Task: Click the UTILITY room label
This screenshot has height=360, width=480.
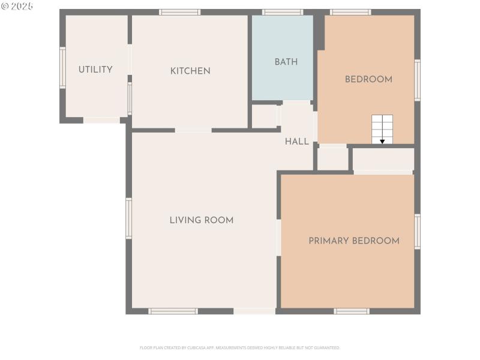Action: coord(95,70)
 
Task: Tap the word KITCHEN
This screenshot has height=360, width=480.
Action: coord(190,71)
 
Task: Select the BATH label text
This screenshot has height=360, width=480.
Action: coord(286,62)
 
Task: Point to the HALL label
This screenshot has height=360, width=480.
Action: coord(297,142)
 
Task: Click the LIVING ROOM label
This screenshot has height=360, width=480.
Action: coord(201,220)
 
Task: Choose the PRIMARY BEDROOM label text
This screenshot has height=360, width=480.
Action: coord(353,241)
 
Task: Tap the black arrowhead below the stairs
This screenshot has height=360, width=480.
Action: coord(382,142)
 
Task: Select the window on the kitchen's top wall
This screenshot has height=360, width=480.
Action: coord(179,12)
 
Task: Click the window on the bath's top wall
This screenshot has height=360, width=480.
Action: coord(283,12)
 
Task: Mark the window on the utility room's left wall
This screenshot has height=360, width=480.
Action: coord(62,68)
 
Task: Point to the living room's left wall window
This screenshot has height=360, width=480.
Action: coord(128,218)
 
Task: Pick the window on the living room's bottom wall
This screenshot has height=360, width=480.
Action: coord(173,311)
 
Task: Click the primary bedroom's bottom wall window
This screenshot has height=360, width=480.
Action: coord(351,311)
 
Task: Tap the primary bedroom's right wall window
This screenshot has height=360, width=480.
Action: coord(417,232)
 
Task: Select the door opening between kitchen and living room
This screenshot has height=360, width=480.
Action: coord(193,130)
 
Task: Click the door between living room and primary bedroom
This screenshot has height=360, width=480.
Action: coord(278,238)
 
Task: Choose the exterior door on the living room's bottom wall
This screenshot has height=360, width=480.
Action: coord(254,311)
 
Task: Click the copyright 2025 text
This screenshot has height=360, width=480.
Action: coord(17,6)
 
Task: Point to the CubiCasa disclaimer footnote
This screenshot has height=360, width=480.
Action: coord(240,347)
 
